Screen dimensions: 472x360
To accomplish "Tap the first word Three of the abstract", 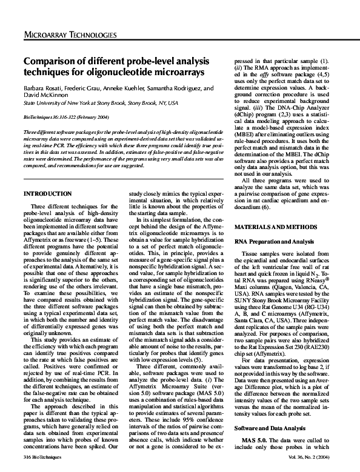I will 30,131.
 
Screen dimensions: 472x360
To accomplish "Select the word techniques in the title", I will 46,73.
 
